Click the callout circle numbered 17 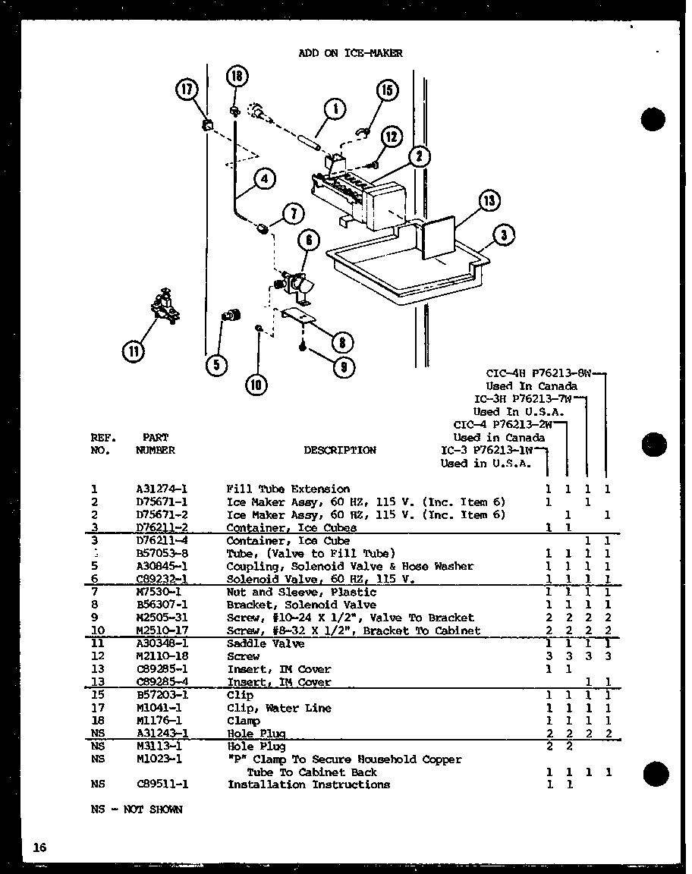point(186,90)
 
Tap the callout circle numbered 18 point(237,77)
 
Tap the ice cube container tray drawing point(402,269)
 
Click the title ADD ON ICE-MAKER point(350,53)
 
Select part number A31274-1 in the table point(162,489)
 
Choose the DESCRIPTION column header point(339,450)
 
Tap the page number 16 point(39,847)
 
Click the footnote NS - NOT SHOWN point(137,810)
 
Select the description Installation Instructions point(309,784)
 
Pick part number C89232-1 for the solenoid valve point(162,579)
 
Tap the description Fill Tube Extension point(288,489)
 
